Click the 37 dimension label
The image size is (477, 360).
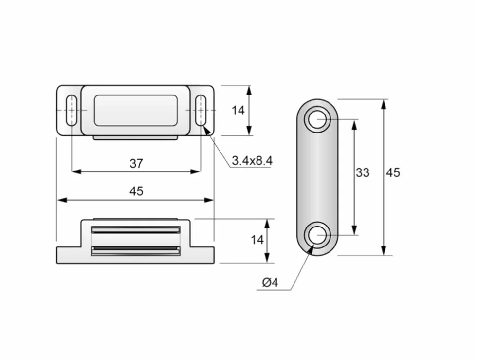point(136,164)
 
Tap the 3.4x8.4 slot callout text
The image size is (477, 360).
point(252,160)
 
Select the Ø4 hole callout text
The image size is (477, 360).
point(270,283)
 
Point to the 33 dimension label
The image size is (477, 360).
point(363,172)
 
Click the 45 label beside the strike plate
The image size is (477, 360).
point(393,172)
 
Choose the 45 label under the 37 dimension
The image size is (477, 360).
point(136,191)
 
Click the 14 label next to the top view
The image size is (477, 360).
point(238,110)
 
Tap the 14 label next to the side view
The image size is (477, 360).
point(257,240)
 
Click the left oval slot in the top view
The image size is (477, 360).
point(72,110)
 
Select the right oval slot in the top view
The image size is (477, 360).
point(201,110)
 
